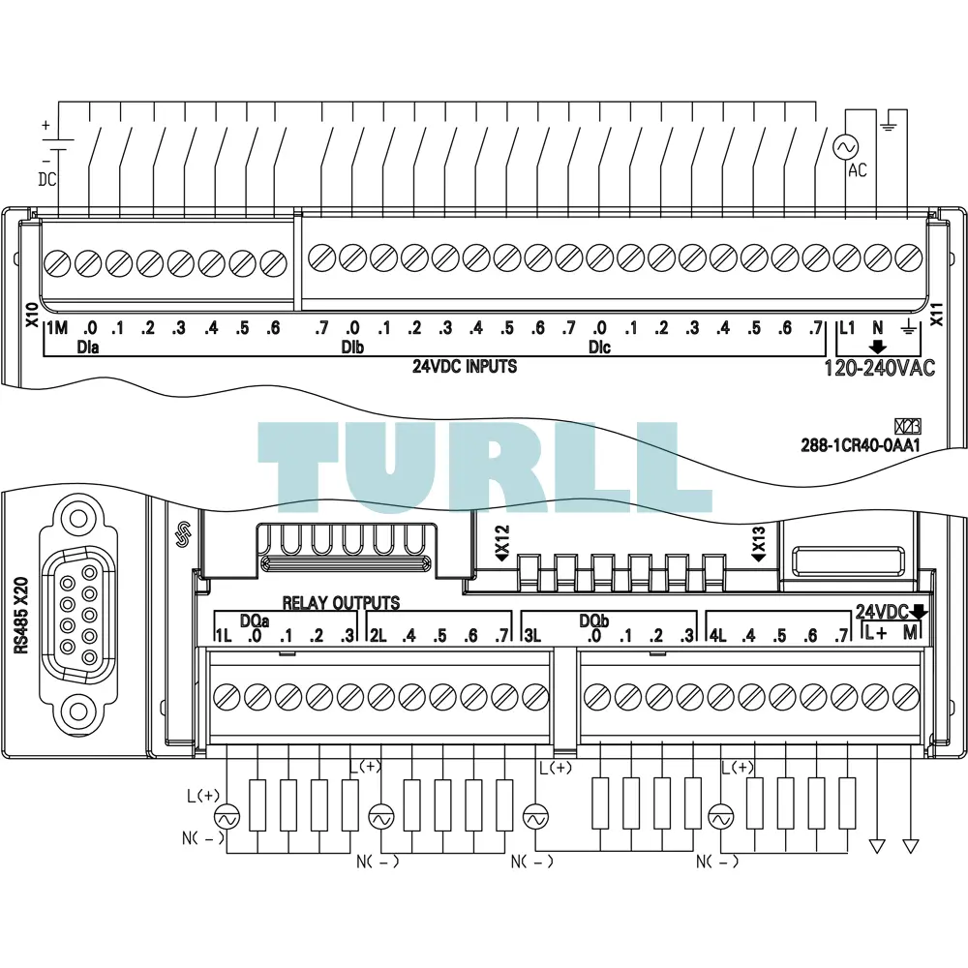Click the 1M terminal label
click(57, 328)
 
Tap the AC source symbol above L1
click(845, 147)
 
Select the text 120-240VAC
click(880, 368)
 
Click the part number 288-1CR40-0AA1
click(860, 444)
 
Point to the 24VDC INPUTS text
click(465, 367)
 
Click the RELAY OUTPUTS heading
click(341, 602)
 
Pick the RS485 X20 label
click(21, 615)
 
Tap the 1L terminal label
click(223, 635)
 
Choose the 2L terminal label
click(378, 635)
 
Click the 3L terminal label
click(532, 635)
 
